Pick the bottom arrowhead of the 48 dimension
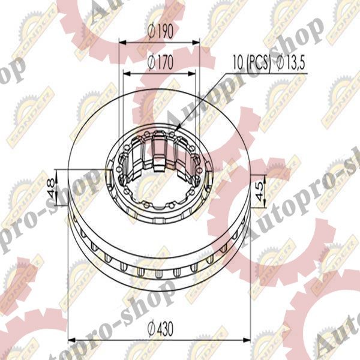[x=60, y=200]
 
